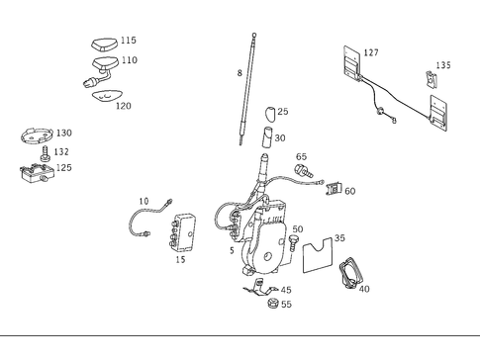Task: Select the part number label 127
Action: coord(371,53)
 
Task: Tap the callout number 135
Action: coord(443,65)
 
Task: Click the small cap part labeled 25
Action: coord(269,112)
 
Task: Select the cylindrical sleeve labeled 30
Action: coord(266,137)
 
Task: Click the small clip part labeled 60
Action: coord(335,188)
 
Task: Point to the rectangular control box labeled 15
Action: coord(185,231)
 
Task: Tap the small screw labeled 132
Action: coord(46,154)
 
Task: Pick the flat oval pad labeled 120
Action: coord(101,95)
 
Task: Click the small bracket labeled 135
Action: coord(432,80)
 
